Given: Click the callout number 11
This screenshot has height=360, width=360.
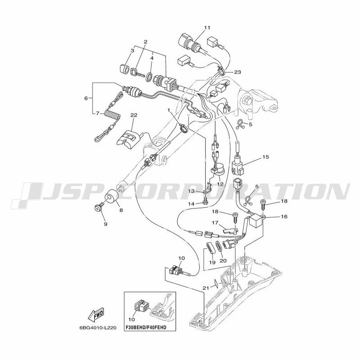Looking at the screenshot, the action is pos(207,27).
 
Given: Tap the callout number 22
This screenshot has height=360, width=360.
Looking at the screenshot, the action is pos(134,115).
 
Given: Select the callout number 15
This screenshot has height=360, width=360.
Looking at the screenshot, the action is pos(265,157).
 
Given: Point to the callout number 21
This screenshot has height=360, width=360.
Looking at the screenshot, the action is pos(206,288).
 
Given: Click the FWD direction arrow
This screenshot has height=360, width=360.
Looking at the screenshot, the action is pos(96,314).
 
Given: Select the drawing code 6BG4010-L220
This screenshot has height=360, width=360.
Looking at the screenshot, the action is pos(96,328).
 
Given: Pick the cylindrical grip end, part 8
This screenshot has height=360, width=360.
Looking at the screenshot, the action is pos(112,195).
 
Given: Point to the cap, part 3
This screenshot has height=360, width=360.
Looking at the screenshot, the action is pos(126,69).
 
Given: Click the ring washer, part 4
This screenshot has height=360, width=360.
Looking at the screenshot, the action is pos(149,77).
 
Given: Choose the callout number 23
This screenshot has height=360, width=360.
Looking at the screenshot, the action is pos(238,72).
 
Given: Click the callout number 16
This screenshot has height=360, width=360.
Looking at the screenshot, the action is pos(284,216).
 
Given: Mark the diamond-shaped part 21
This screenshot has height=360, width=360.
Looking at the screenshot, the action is pos(216,283).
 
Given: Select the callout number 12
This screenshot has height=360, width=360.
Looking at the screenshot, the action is pos(220,184).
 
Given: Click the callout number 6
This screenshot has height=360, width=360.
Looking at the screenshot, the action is pos(86,98).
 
